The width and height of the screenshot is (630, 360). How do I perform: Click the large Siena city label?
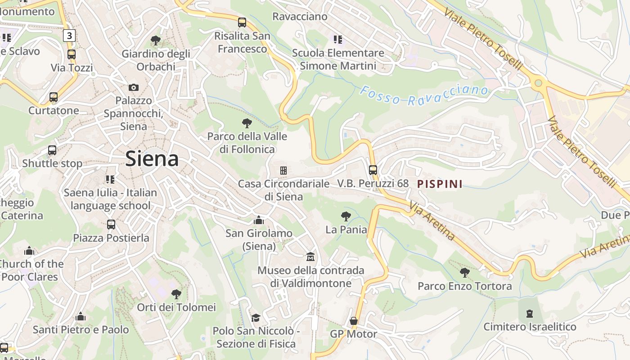(x=152, y=159)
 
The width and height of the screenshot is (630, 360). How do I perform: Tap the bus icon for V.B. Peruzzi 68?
(x=373, y=170)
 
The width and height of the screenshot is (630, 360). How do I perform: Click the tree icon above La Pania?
(x=346, y=216)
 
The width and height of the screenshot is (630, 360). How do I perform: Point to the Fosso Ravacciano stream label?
(x=424, y=94)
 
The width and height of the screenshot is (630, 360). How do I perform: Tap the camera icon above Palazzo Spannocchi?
(x=134, y=87)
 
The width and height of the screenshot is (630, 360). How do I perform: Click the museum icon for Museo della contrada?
(x=310, y=257)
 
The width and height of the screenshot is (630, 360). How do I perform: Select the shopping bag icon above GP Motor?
(x=354, y=321)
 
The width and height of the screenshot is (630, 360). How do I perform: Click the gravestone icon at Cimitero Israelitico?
(x=530, y=313)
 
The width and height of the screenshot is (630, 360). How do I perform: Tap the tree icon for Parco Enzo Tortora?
(x=464, y=272)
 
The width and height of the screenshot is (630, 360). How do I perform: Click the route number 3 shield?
(x=69, y=36)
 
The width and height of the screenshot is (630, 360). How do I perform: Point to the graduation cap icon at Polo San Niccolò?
(x=256, y=318)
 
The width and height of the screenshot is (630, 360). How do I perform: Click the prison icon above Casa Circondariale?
(x=283, y=170)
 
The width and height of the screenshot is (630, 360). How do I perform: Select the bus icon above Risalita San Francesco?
(x=242, y=22)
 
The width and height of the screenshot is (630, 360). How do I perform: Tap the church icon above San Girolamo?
(x=259, y=220)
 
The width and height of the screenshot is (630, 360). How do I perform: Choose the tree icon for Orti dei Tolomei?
(x=176, y=294)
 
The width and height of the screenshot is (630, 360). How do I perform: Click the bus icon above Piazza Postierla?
(x=111, y=224)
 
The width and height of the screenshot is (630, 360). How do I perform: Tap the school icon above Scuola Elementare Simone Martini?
(x=337, y=39)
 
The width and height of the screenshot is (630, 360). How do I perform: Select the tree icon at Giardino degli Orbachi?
(x=156, y=40)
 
